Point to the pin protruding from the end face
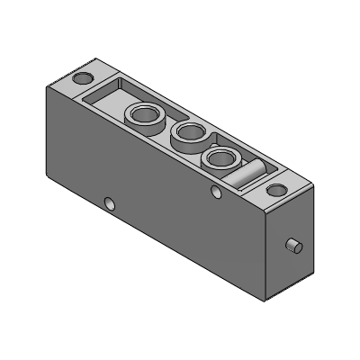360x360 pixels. pos(292,247)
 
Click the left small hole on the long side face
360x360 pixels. pos(110,203)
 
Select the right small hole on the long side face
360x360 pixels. pos(215,192)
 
